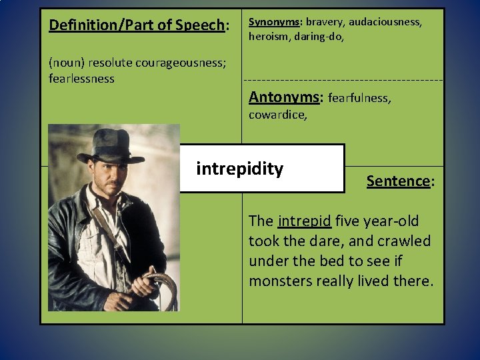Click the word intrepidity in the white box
pos(239,169)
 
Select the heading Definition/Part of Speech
pos(138,25)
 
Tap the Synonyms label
pos(273,22)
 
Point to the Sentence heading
pos(398,181)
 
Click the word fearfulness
pos(360,98)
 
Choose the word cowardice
pos(277,115)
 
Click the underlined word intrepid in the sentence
pos(305,221)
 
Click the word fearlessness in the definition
pos(81,79)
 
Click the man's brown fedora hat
pos(109,143)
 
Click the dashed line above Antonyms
pos(343,81)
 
